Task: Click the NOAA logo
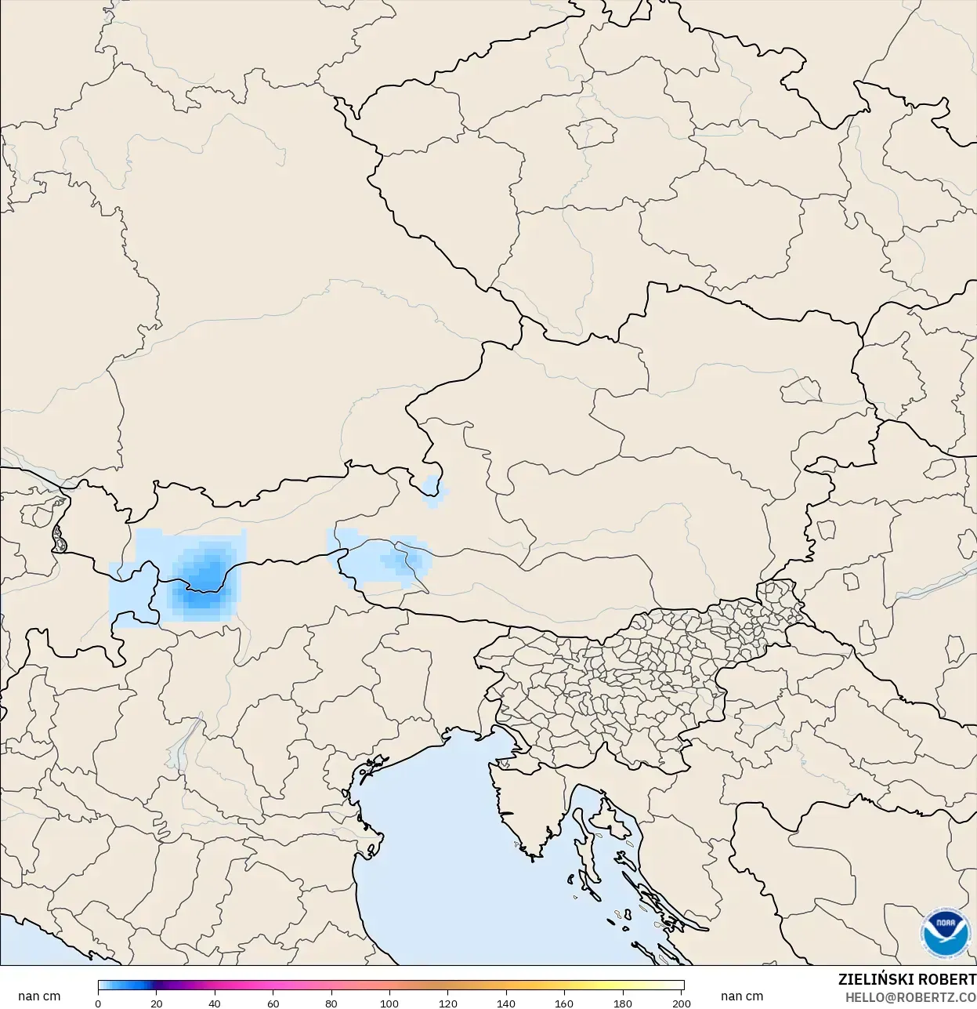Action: pos(946,932)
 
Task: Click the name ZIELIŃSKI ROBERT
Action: pos(906,979)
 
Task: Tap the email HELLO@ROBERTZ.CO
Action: pos(910,997)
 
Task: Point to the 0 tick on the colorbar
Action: pos(98,1003)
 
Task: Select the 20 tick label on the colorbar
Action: pos(157,1003)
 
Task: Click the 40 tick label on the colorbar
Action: pos(215,1003)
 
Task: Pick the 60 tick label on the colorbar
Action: pos(273,1003)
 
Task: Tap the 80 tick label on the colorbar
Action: pos(331,1003)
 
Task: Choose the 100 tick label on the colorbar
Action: pos(389,1003)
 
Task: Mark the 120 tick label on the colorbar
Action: pos(448,1003)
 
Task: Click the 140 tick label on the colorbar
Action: pos(506,1003)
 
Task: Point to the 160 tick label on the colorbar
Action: pos(564,1003)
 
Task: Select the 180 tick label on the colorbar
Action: pos(623,1003)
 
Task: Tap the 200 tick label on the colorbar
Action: pos(681,1003)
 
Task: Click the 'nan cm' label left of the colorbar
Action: pos(39,996)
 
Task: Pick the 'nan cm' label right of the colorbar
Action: pos(741,996)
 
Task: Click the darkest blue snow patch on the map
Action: pos(204,576)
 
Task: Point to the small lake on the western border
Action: pos(59,539)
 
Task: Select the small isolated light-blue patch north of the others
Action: pos(432,490)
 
